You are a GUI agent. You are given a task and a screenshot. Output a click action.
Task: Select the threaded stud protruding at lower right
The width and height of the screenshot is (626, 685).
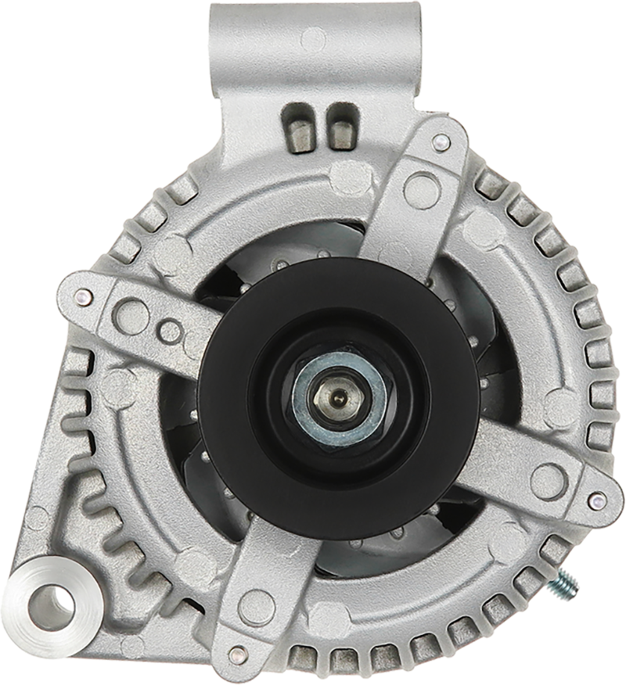coord(567,583)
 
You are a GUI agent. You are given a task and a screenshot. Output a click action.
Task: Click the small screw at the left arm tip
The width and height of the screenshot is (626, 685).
coord(84,296)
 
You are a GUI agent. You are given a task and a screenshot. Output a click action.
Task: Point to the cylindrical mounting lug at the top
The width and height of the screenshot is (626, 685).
coord(313,47)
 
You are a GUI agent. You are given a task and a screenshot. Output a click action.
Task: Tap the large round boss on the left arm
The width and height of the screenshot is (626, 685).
coord(131,315)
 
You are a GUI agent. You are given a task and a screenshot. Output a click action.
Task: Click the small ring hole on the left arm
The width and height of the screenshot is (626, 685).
coord(171,332)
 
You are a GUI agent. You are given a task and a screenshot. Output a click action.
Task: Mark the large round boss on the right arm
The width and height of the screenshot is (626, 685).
coord(547,479)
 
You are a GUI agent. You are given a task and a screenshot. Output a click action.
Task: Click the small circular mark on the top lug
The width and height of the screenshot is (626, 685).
coord(314,36)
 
